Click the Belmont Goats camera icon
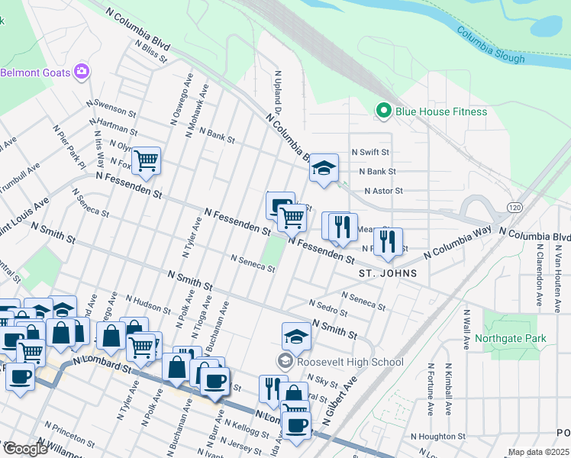coord(82,73)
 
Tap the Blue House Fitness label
coord(440,111)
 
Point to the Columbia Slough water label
coord(491,46)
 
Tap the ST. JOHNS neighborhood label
coord(388,273)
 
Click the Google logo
coord(24,449)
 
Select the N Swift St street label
coord(370,153)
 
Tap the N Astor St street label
coord(382,191)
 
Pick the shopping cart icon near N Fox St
coord(145,160)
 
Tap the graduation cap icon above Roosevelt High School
coord(296,335)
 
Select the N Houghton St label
coord(438,436)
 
